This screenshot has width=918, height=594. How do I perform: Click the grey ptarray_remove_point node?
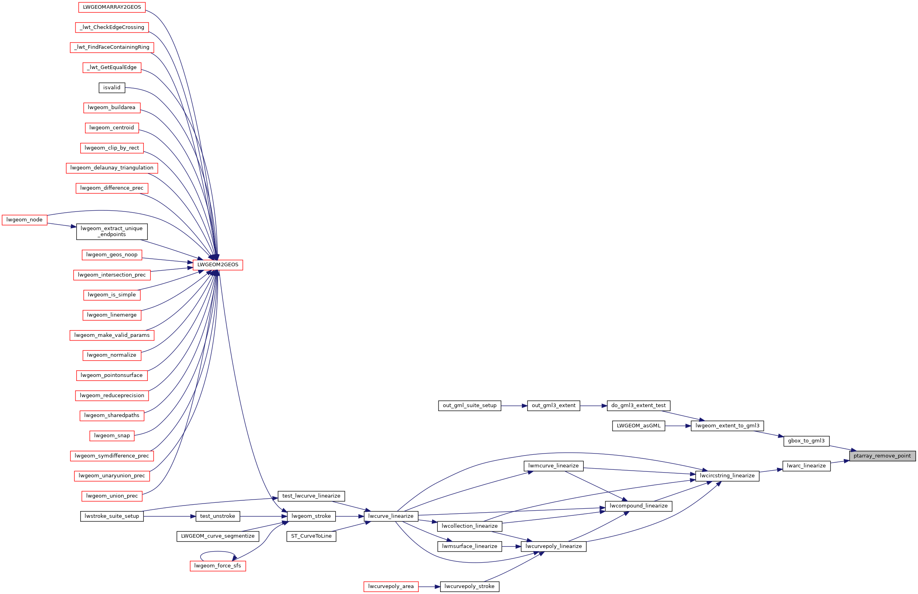click(x=882, y=456)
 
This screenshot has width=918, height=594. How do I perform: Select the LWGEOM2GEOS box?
click(x=218, y=265)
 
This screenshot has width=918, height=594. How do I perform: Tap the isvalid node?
click(x=112, y=88)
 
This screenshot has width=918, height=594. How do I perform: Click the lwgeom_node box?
click(x=24, y=220)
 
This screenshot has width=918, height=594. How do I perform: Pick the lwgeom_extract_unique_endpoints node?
click(x=112, y=231)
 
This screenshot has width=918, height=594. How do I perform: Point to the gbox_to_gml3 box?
click(x=806, y=441)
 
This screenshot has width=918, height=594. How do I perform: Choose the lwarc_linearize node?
click(x=806, y=466)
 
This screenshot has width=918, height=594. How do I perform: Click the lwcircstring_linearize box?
click(x=727, y=476)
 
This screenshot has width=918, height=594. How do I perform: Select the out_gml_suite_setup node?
click(x=470, y=406)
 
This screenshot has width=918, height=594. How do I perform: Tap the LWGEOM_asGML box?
click(x=638, y=426)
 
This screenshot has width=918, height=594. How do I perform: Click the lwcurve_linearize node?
click(x=390, y=516)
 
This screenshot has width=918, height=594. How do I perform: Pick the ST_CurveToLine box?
click(x=311, y=536)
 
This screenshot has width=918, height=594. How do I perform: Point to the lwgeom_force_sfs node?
click(x=218, y=566)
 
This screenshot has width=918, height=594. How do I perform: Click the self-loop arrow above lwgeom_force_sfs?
click(x=218, y=552)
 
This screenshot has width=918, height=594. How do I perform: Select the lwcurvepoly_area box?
click(x=390, y=586)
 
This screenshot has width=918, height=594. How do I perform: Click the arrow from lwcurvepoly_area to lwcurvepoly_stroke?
click(x=429, y=586)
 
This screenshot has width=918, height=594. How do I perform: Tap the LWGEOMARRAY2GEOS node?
click(x=112, y=7)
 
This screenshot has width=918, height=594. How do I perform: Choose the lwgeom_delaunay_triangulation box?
click(x=112, y=168)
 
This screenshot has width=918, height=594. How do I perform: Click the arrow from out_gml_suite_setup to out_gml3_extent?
click(x=514, y=406)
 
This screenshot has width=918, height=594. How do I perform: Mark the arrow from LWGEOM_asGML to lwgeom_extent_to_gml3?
click(x=678, y=426)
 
